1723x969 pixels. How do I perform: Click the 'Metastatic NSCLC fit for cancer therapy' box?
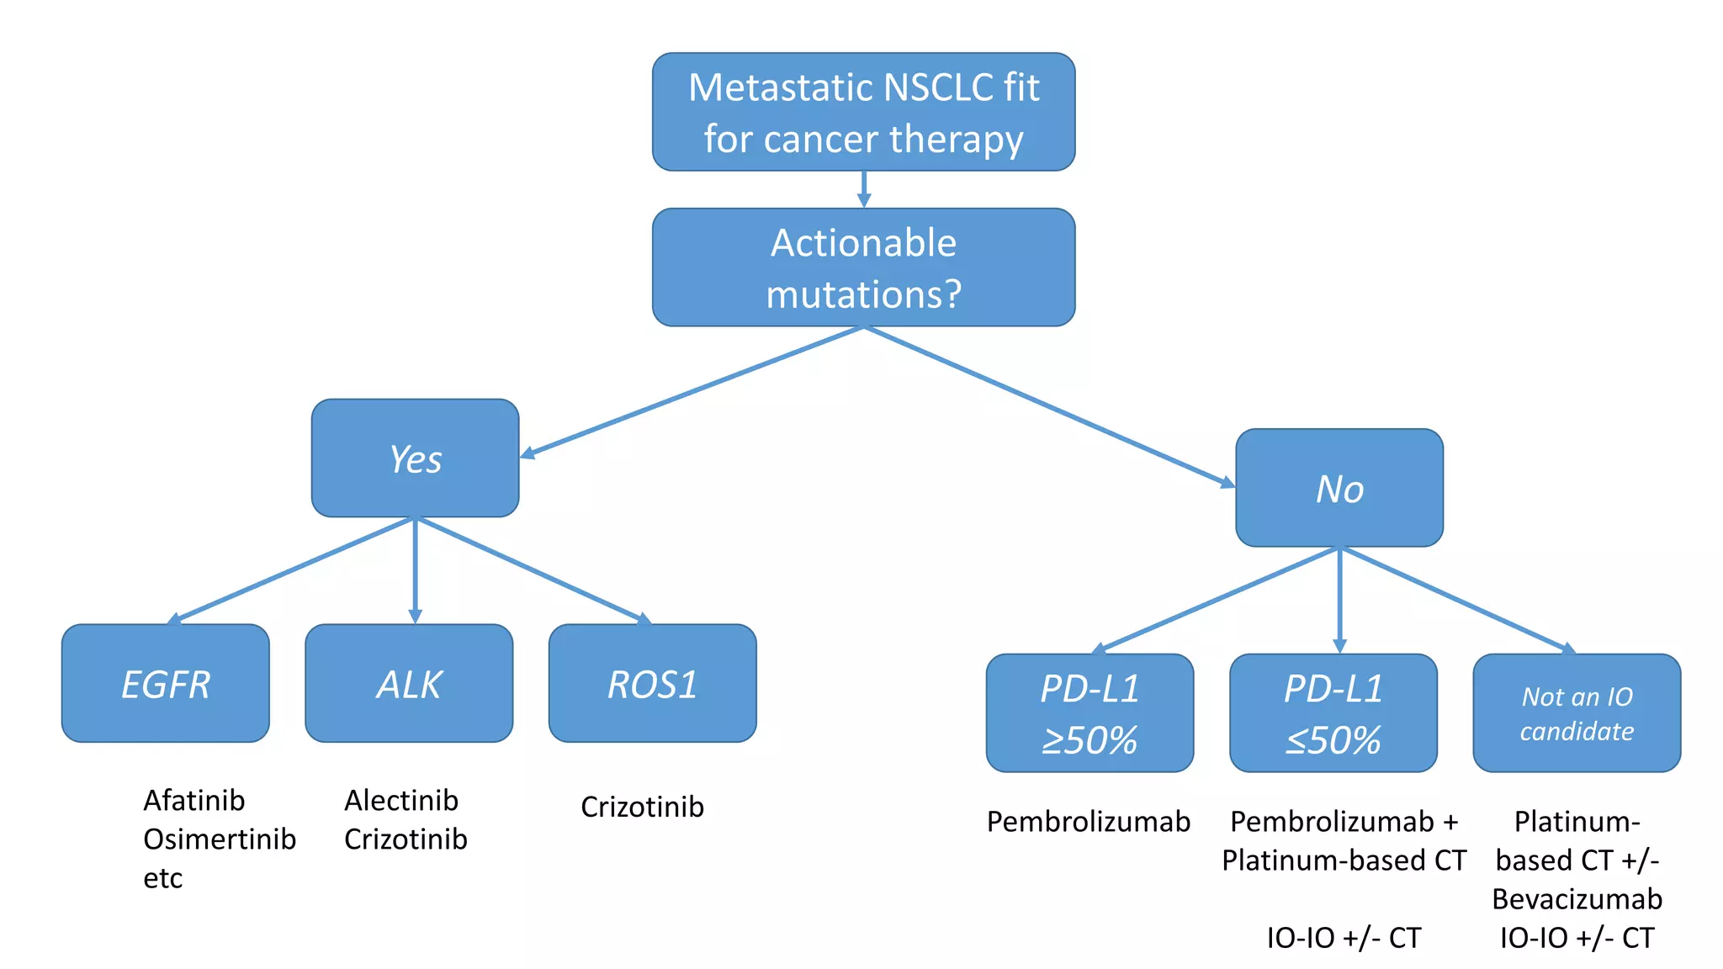(x=863, y=112)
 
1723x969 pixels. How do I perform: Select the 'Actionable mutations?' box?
(x=863, y=267)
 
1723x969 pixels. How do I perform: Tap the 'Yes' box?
(x=415, y=458)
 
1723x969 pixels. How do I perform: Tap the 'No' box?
(x=1339, y=488)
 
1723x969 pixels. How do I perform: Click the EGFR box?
(x=166, y=683)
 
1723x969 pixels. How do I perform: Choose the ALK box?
(x=409, y=683)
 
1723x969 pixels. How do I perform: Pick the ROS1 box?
(x=652, y=683)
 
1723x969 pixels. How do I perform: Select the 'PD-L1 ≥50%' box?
(x=1089, y=713)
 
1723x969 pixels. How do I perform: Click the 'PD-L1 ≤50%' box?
(x=1333, y=713)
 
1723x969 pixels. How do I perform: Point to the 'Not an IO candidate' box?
(x=1577, y=713)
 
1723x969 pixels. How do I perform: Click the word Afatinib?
(x=194, y=800)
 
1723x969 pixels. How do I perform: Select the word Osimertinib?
(x=220, y=839)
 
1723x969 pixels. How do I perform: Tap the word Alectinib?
(x=401, y=800)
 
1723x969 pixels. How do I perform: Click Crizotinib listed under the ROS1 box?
(x=642, y=807)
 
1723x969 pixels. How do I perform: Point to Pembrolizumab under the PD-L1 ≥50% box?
(x=1089, y=821)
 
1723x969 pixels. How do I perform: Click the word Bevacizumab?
(x=1577, y=899)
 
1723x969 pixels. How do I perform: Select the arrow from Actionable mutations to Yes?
(x=690, y=393)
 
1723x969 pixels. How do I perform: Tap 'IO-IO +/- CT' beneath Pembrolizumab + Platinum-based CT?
(x=1344, y=937)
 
